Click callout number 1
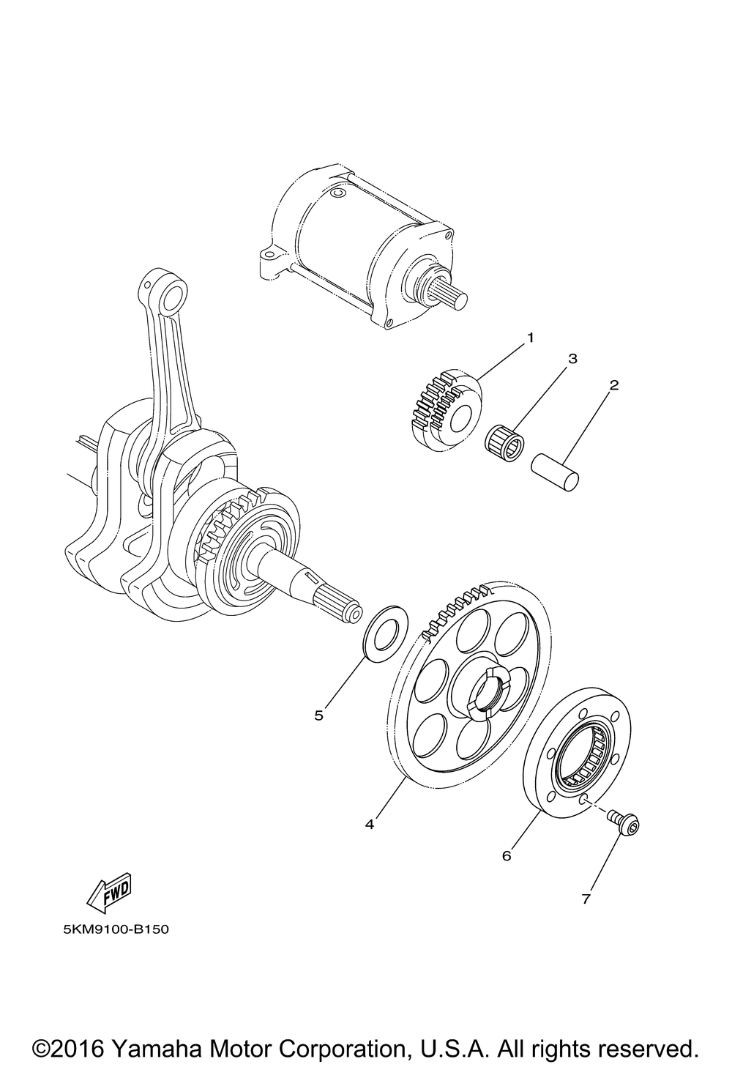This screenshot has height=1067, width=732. (x=530, y=338)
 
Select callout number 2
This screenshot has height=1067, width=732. (x=614, y=384)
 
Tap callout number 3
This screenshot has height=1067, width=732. (x=573, y=359)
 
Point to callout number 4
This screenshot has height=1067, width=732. (x=370, y=824)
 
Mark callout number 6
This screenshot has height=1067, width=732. (x=507, y=855)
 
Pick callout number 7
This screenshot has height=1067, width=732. (x=586, y=900)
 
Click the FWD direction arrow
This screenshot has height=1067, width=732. (x=109, y=892)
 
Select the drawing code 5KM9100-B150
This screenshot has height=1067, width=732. (x=116, y=932)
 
